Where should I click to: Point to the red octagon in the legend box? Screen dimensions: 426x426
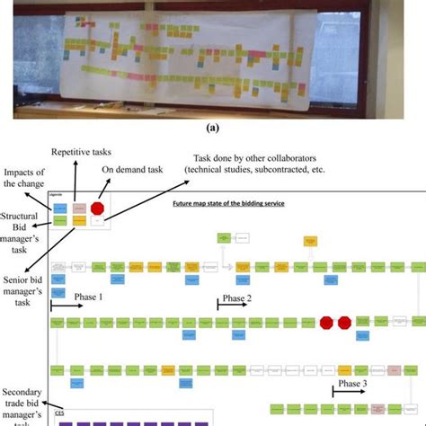click(97, 208)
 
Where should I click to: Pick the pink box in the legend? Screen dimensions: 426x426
click(78, 208)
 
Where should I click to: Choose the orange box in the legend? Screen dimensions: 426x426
click(78, 220)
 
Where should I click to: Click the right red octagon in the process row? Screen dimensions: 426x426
click(343, 322)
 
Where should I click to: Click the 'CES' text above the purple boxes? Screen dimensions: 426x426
click(58, 414)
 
